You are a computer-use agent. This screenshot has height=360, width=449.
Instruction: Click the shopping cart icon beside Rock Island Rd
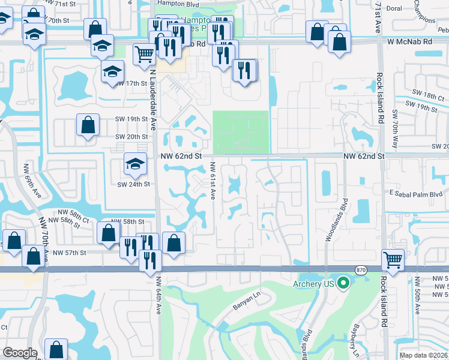pos(393,261)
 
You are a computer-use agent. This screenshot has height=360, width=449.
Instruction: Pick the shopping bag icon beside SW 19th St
pos(88,125)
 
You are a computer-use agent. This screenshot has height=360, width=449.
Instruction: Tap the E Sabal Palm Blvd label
pos(415,194)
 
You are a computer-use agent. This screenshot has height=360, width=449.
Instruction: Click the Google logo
pos(20,353)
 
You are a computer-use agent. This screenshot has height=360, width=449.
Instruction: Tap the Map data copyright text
pos(424,355)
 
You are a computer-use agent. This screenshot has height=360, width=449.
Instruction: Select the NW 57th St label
pos(70,253)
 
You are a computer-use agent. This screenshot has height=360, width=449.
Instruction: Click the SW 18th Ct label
pos(424,96)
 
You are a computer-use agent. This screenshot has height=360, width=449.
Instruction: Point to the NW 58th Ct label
pos(73,212)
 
